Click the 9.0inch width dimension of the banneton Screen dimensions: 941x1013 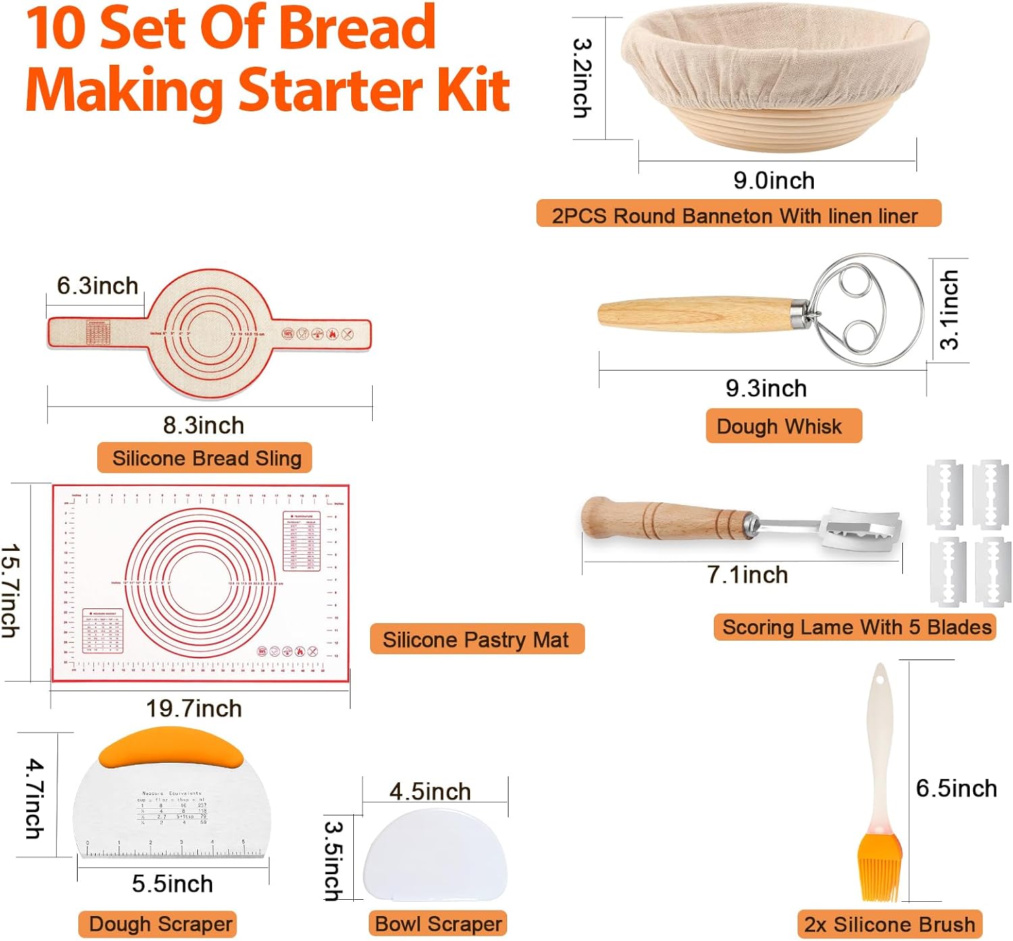774,181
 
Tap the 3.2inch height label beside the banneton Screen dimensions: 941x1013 582,78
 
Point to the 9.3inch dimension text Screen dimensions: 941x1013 766,389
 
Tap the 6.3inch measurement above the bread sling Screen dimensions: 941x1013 97,286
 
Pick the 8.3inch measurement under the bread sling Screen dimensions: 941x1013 203,426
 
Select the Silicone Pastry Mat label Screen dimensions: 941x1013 476,639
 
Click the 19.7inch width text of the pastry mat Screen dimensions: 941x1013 194,709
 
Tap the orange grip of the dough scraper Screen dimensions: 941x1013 171,748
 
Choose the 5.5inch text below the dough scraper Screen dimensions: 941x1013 172,884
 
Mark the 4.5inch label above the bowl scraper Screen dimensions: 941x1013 430,792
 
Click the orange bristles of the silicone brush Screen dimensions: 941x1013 880,871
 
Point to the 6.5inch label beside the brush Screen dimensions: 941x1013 956,788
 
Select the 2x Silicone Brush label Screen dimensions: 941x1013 889,924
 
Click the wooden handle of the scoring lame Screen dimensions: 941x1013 665,520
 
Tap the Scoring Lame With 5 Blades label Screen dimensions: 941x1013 856,627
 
